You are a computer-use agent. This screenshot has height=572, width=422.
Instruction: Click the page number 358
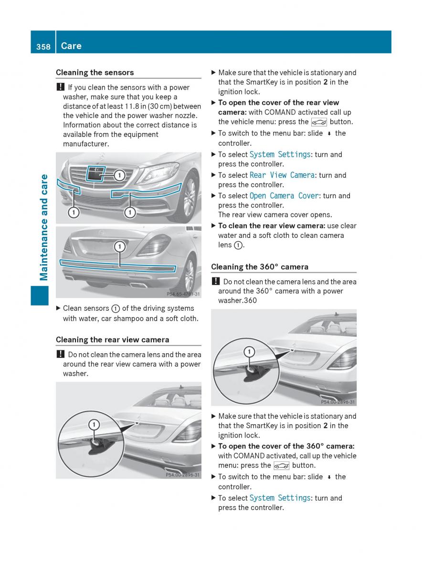(x=43, y=47)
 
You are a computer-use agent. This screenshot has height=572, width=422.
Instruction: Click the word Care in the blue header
(x=71, y=46)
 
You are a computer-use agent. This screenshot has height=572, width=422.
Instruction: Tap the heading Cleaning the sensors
(x=95, y=72)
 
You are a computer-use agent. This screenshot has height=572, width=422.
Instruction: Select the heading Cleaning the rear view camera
(x=113, y=339)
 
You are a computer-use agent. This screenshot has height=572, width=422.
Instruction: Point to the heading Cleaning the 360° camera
(x=260, y=267)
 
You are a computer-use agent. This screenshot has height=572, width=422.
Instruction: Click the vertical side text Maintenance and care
(x=44, y=227)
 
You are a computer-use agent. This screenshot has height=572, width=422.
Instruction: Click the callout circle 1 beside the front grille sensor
(x=119, y=175)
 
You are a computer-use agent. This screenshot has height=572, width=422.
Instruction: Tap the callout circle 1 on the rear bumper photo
(x=119, y=247)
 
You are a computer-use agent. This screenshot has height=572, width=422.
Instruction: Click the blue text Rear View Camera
(x=282, y=175)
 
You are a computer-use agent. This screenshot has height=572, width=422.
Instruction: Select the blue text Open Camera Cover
(x=284, y=196)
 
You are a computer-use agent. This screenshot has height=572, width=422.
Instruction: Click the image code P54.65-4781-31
(x=183, y=294)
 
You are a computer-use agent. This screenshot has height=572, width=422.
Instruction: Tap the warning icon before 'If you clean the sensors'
(x=61, y=87)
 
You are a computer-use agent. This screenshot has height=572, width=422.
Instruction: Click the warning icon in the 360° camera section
(x=216, y=281)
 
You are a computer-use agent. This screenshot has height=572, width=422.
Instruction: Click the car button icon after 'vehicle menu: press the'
(x=319, y=123)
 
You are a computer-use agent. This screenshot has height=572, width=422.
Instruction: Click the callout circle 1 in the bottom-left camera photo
(x=94, y=425)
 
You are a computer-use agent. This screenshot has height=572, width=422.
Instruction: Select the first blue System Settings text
(x=280, y=154)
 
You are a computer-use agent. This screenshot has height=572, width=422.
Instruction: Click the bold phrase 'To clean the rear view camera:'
(x=272, y=226)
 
